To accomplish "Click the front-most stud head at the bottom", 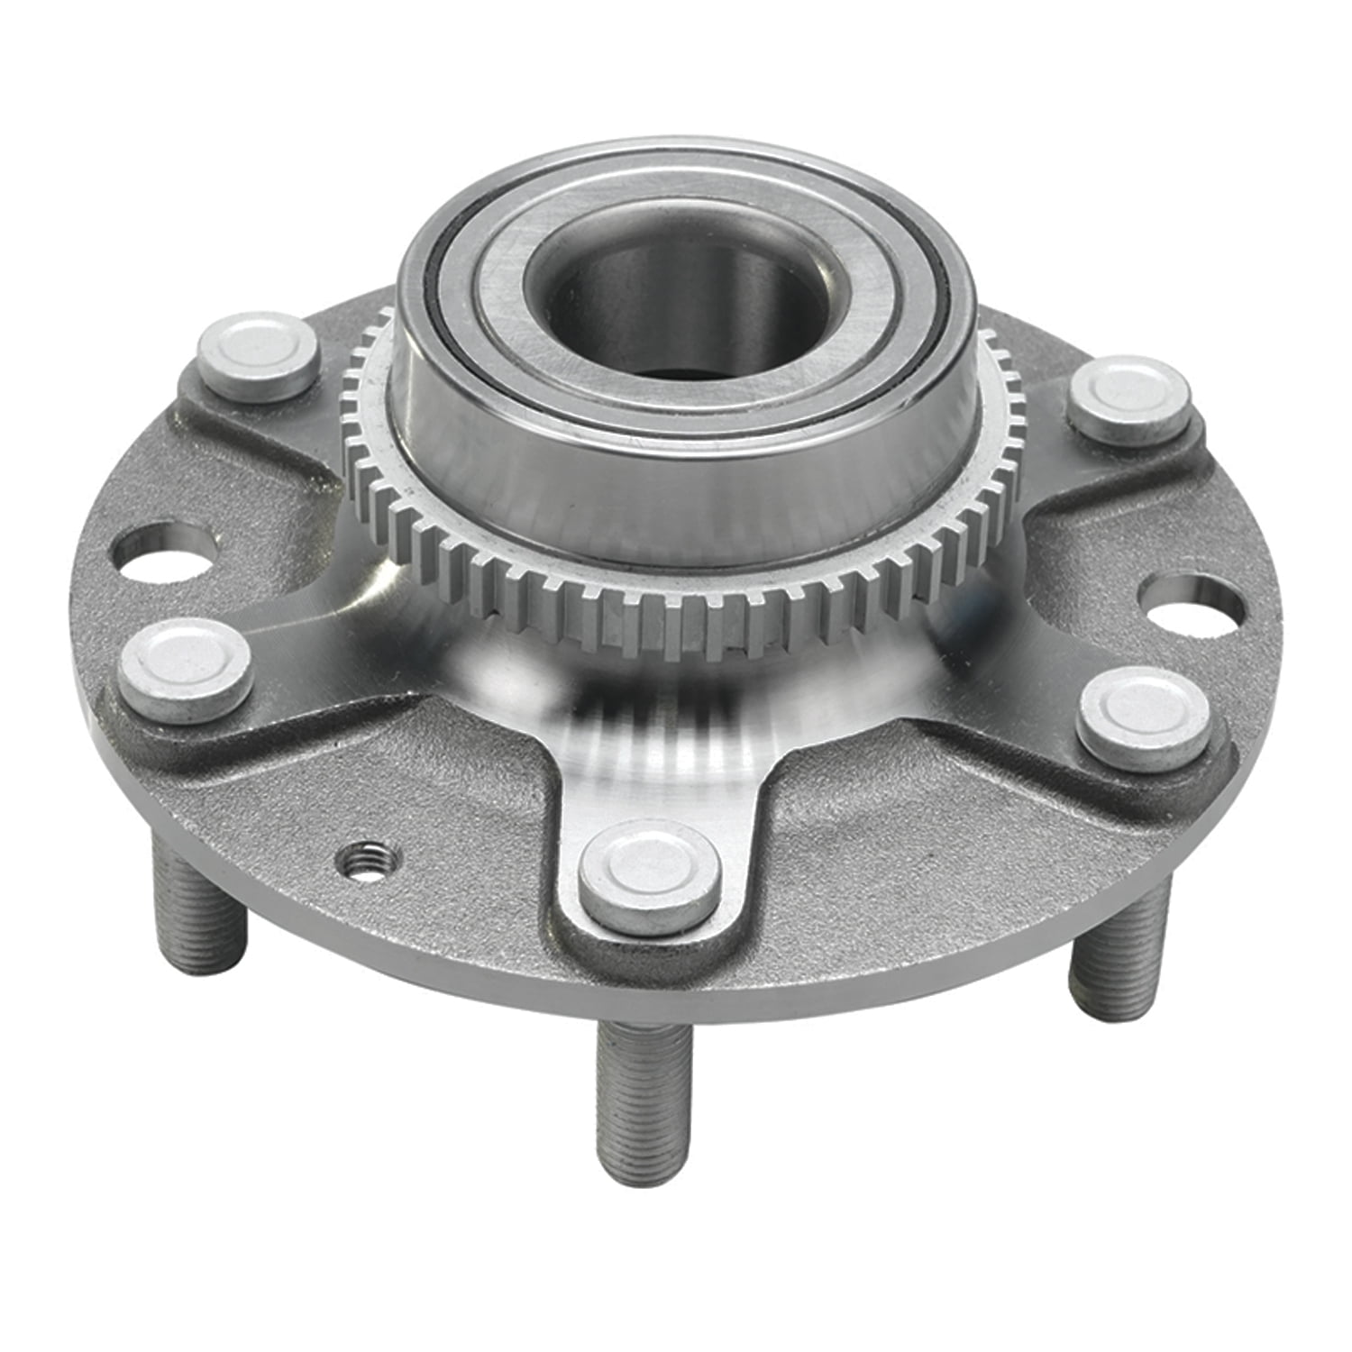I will coord(650,871).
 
